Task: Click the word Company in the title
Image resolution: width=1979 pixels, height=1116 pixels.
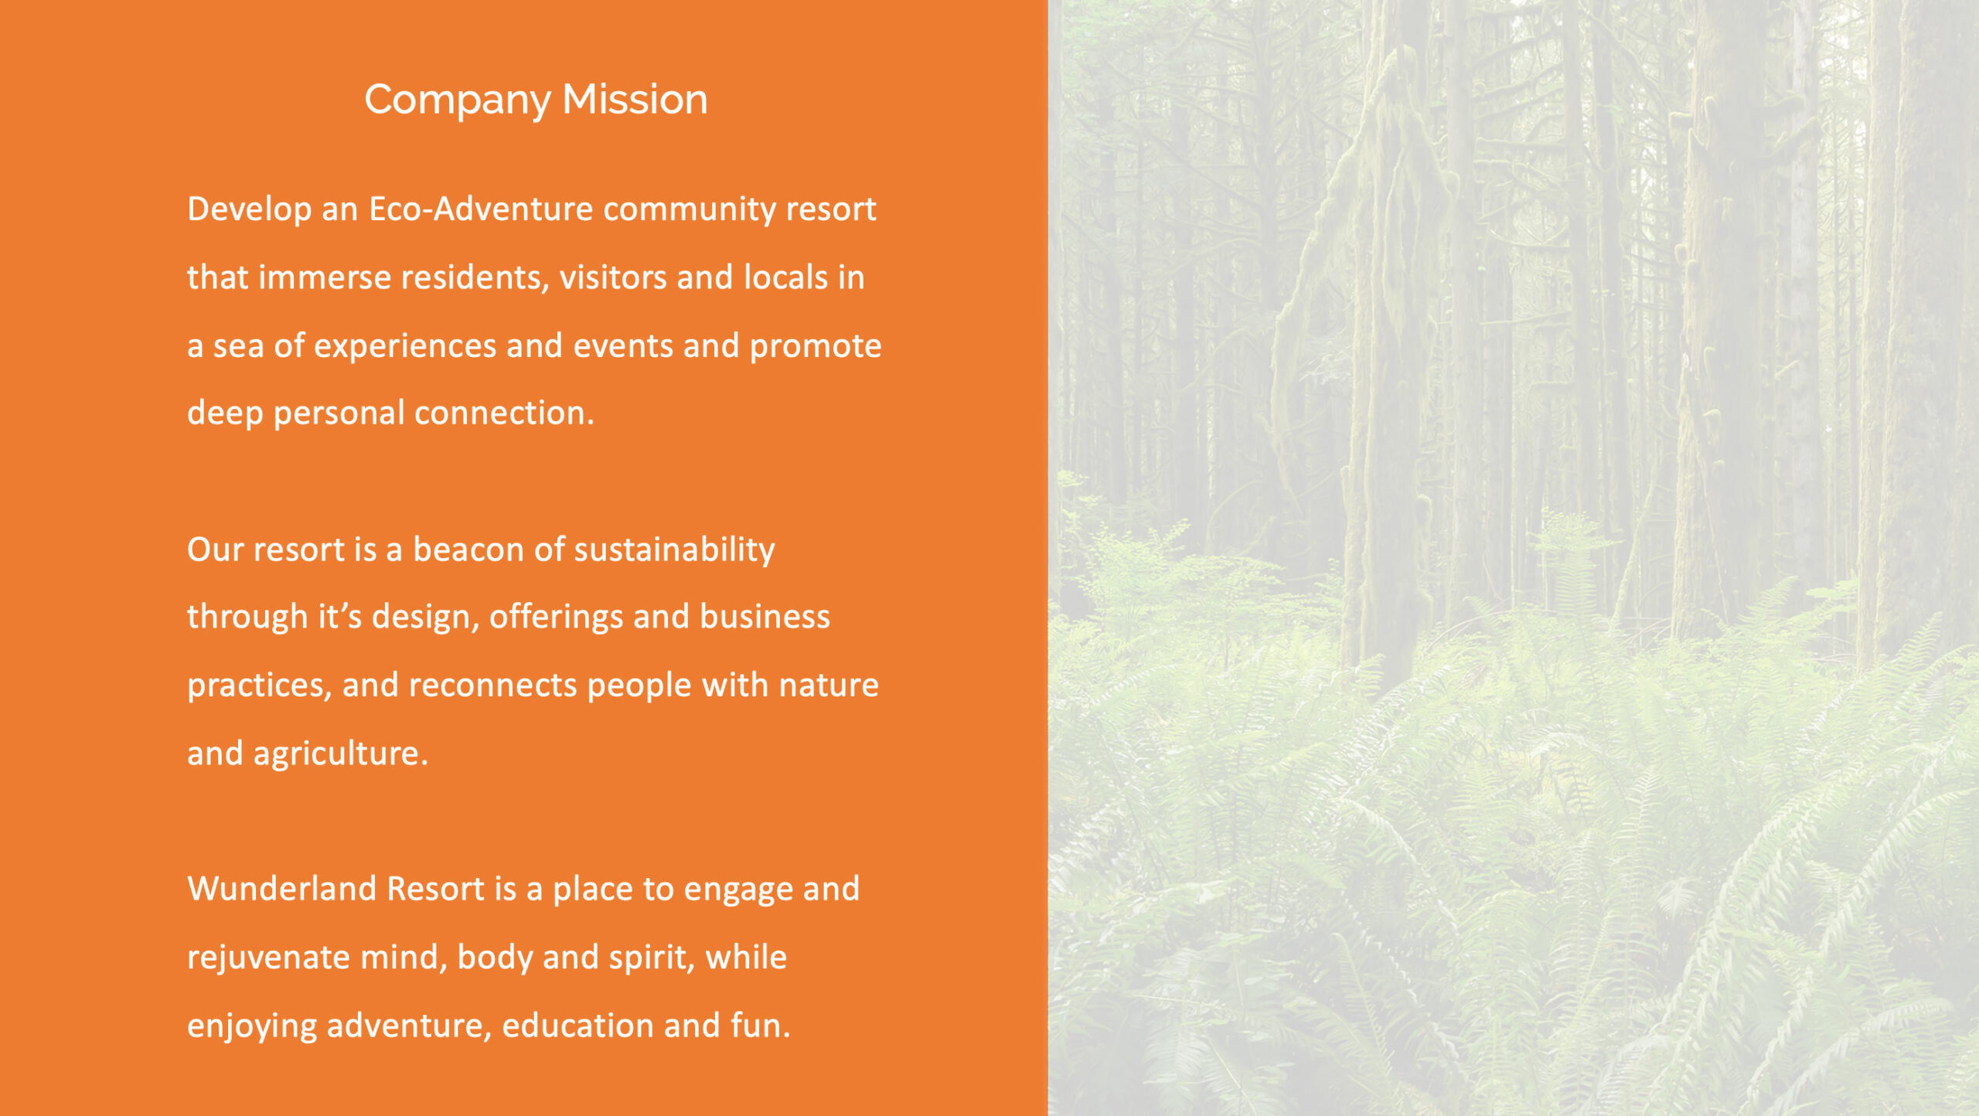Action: tap(458, 100)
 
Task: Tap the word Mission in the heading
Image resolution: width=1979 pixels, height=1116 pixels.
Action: tap(635, 99)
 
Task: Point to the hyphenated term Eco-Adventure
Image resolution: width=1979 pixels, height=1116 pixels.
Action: tap(481, 209)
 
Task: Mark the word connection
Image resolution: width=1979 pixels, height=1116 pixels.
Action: tap(504, 413)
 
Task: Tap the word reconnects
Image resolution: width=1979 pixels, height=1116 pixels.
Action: tap(492, 686)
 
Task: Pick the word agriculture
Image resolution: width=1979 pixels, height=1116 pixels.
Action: tap(340, 754)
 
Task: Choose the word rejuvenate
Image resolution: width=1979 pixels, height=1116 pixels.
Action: tap(269, 958)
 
